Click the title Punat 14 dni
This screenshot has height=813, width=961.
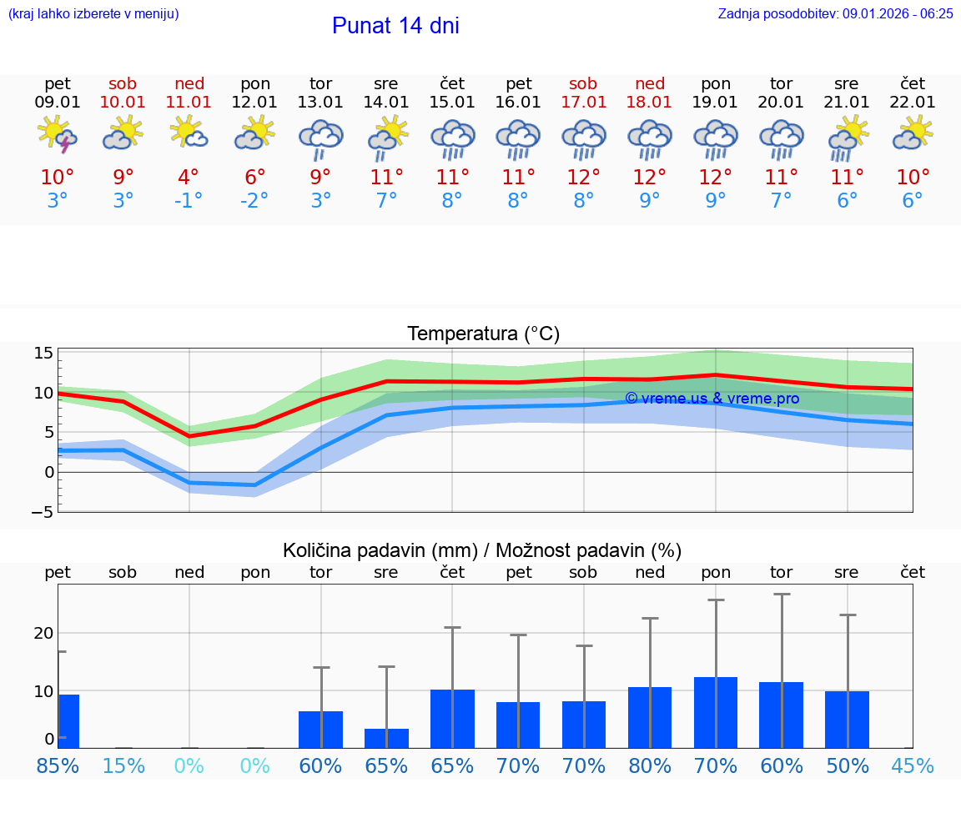point(395,26)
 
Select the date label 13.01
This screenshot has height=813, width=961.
point(320,103)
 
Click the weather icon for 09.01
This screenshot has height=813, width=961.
point(57,135)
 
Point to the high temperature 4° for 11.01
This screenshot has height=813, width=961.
point(189,178)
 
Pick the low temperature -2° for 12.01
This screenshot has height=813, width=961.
point(254,201)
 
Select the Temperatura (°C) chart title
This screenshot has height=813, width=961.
point(483,334)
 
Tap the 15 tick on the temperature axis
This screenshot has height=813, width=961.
point(43,353)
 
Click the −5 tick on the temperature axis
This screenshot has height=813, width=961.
point(42,512)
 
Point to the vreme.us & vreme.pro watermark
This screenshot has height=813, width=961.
point(712,399)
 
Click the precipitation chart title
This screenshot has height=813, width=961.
point(482,550)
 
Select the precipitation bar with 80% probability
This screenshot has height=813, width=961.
point(650,717)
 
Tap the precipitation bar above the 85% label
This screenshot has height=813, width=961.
point(68,721)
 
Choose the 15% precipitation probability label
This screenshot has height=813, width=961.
point(123,766)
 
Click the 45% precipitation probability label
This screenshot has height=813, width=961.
point(912,766)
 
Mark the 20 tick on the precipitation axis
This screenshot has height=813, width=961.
point(43,633)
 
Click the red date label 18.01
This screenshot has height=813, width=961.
point(649,103)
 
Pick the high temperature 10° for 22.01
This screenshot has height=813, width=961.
point(912,178)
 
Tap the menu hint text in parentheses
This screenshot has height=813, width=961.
point(93,13)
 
